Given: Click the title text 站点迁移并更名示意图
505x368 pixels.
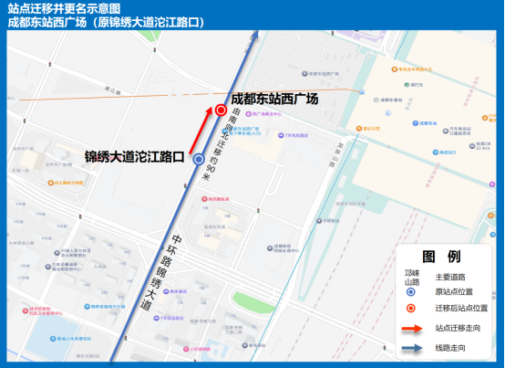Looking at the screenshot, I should click(57, 8).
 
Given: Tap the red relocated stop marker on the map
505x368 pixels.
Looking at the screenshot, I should click(221, 110).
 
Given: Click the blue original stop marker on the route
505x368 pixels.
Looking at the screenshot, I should click(200, 159).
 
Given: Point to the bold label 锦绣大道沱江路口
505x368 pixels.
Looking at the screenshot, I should click(135, 156).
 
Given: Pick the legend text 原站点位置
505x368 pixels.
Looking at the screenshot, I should click(454, 292).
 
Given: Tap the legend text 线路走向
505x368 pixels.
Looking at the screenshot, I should click(450, 348).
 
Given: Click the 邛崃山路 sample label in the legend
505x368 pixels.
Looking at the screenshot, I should click(410, 277).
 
